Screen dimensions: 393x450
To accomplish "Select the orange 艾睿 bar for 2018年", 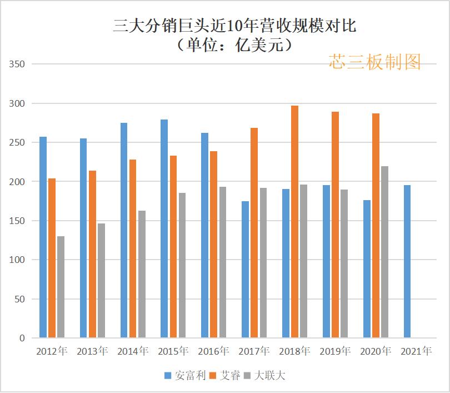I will [294, 222].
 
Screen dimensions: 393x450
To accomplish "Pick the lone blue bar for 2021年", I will [407, 261].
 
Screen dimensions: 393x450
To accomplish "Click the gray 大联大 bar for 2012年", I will [61, 287].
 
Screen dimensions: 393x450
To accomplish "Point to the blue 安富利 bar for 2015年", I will [164, 228].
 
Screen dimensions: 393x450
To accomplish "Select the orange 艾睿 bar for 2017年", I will [254, 233].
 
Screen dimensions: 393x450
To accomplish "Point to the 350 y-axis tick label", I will [17, 64].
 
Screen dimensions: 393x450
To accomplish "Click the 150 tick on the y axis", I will [17, 221].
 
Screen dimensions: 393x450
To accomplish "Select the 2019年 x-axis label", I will [335, 351].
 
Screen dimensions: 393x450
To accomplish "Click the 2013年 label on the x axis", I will [92, 351].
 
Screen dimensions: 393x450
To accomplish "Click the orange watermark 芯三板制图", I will [374, 62].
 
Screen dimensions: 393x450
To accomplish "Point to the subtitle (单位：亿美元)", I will [234, 44].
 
